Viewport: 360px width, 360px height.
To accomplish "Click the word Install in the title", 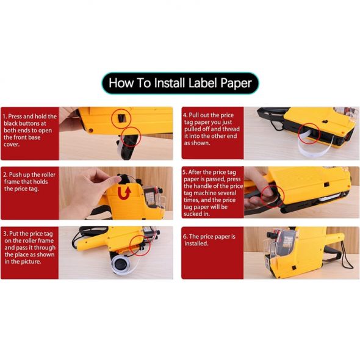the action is point(170,83).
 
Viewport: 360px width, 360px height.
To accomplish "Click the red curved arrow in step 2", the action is point(124,193).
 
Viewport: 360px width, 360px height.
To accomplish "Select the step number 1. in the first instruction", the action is point(5,117).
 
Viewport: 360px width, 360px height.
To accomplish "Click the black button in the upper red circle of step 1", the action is point(121,118).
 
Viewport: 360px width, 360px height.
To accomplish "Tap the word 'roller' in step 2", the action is point(48,175).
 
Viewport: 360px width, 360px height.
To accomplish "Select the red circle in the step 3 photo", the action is point(140,245).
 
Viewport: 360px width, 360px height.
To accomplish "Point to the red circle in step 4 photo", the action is point(309,134).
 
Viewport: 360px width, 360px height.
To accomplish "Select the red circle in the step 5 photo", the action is point(272,196).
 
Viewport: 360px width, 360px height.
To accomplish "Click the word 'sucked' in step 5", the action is point(192,214).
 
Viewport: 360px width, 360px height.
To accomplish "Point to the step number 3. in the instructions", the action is point(5,234).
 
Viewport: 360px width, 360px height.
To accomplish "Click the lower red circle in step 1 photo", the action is point(131,137).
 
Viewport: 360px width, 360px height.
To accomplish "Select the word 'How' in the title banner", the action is point(121,83).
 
